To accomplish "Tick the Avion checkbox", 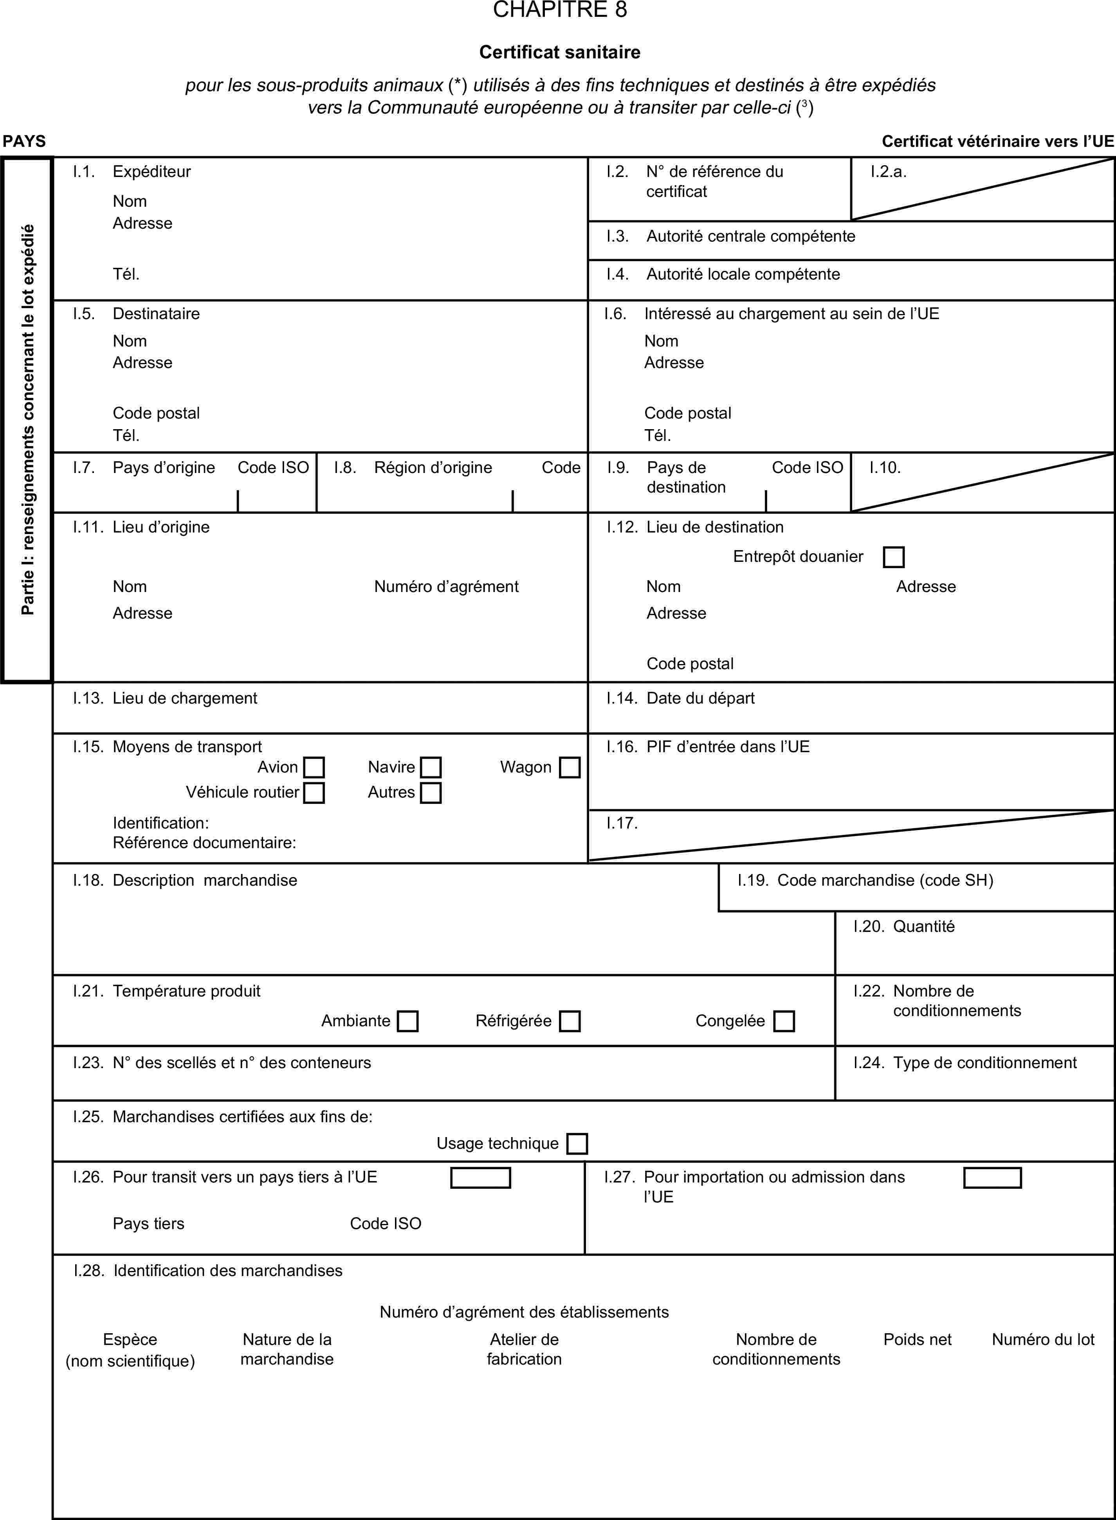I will [x=314, y=767].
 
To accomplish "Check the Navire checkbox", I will [x=431, y=767].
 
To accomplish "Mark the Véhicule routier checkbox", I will [x=314, y=792].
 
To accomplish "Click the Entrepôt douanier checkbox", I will [x=894, y=557].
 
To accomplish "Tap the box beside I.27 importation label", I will [x=992, y=1177].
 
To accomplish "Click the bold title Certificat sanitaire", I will [x=560, y=52].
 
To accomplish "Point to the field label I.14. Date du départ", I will [x=681, y=698].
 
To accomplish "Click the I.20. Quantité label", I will [x=904, y=926].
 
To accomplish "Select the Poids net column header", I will [x=918, y=1339].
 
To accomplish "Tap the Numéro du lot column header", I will [x=1043, y=1339].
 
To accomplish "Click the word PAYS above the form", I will [x=24, y=141].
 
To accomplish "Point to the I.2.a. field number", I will [x=888, y=171].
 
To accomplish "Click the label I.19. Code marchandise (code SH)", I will [x=865, y=880].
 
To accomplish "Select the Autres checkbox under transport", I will [x=431, y=792].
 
